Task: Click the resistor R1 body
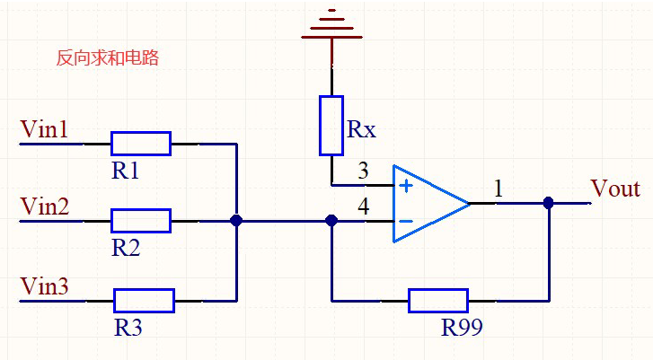141,143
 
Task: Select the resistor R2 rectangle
141,220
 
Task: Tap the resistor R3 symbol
144,300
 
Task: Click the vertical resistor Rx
331,126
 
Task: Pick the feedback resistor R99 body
438,300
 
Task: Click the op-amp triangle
427,204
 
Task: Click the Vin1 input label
44,130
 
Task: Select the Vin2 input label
44,207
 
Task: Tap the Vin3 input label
44,286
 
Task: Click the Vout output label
615,189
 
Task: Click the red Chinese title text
107,58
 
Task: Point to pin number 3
363,171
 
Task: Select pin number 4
363,206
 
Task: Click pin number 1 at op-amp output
499,189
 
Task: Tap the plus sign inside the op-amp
406,186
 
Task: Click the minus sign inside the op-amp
406,221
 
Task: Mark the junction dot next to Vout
548,204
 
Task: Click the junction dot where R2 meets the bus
236,220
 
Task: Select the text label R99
462,328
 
